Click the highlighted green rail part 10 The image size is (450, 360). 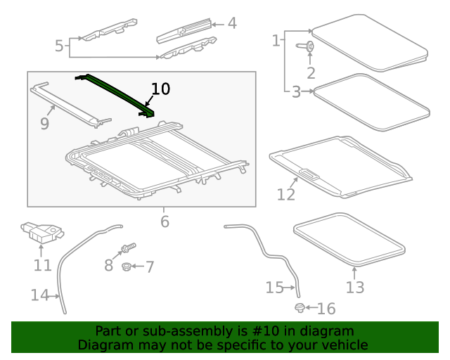(116, 93)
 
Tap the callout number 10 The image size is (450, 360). (160, 89)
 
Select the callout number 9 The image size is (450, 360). (44, 124)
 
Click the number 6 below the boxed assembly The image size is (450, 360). (165, 221)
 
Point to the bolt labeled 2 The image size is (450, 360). (309, 47)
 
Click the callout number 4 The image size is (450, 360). (231, 23)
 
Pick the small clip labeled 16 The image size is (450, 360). (300, 308)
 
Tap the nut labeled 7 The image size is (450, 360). (126, 266)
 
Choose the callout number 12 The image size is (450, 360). (285, 194)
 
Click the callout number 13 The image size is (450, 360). (355, 287)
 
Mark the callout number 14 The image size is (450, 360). (39, 295)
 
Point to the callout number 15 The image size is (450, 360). (274, 287)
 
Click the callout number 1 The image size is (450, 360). (276, 41)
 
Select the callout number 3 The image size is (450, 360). (296, 91)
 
